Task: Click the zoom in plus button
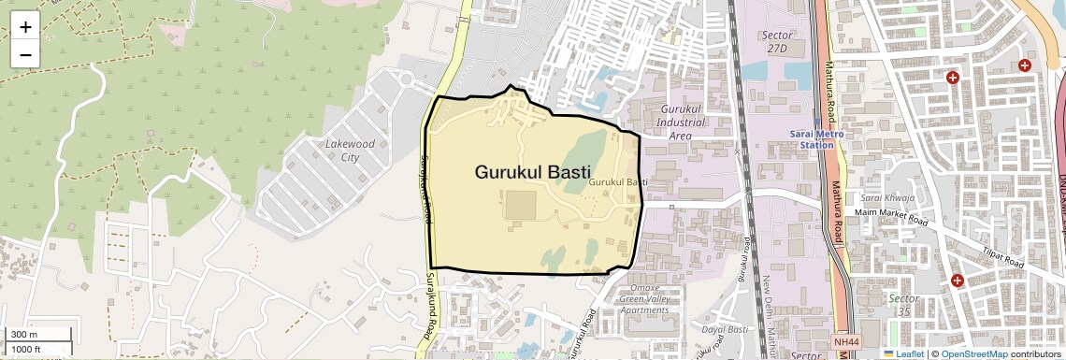pyautogui.click(x=25, y=26)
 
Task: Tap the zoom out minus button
pyautogui.click(x=25, y=54)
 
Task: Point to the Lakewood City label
pyautogui.click(x=350, y=151)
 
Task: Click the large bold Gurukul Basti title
pyautogui.click(x=533, y=172)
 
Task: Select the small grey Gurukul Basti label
pyautogui.click(x=619, y=181)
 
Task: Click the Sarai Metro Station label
pyautogui.click(x=811, y=139)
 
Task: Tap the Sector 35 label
pyautogui.click(x=902, y=305)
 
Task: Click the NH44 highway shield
pyautogui.click(x=844, y=343)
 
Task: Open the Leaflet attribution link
pyautogui.click(x=903, y=354)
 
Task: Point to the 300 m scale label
pyautogui.click(x=24, y=335)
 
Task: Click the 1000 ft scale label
pyautogui.click(x=26, y=349)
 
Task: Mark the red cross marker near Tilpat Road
pyautogui.click(x=957, y=281)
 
